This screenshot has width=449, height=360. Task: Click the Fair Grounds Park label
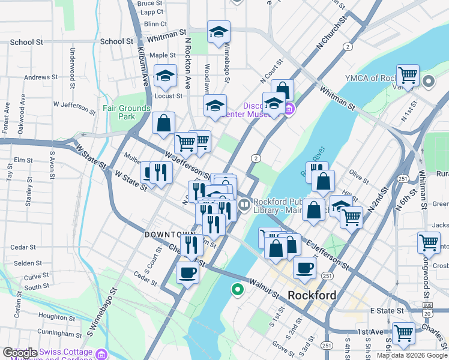pyautogui.click(x=126, y=112)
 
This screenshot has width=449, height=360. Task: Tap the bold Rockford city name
pyautogui.click(x=312, y=295)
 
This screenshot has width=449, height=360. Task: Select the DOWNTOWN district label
pyautogui.click(x=170, y=235)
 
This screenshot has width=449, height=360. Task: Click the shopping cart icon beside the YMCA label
pyautogui.click(x=408, y=76)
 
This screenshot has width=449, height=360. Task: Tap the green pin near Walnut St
pyautogui.click(x=238, y=290)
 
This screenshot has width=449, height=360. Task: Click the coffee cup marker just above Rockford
pyautogui.click(x=305, y=268)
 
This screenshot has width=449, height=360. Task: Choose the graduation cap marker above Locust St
pyautogui.click(x=164, y=76)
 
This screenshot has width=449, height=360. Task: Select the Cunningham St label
pyautogui.click(x=59, y=334)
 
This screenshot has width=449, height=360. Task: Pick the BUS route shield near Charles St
pyautogui.click(x=427, y=305)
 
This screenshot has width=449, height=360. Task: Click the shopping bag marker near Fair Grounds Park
pyautogui.click(x=163, y=123)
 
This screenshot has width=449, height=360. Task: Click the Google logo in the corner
pyautogui.click(x=19, y=352)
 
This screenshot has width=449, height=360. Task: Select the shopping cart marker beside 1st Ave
pyautogui.click(x=403, y=332)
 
